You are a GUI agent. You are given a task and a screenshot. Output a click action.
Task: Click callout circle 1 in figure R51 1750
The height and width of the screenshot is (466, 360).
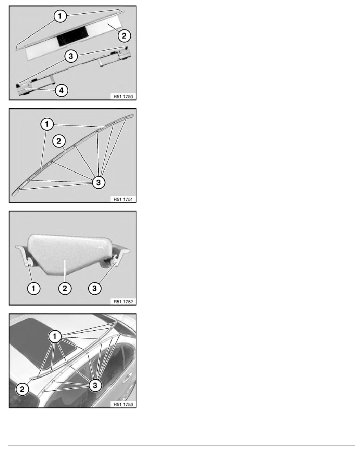(x=60, y=16)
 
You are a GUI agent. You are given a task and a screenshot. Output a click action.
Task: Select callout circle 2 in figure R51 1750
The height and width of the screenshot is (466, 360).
(x=124, y=36)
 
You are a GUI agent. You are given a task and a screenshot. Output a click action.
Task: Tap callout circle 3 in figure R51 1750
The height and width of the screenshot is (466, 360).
(x=71, y=56)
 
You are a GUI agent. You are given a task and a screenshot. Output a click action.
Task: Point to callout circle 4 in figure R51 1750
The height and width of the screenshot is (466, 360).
(x=62, y=90)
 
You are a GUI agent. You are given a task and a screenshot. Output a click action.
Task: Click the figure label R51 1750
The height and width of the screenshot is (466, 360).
(x=123, y=96)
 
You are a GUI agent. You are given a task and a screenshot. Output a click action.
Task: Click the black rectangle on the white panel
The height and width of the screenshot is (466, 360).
(x=72, y=36)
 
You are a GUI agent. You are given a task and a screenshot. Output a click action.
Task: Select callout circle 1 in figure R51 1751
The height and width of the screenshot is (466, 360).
(x=47, y=124)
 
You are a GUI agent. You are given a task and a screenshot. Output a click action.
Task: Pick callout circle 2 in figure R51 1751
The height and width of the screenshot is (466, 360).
(x=59, y=141)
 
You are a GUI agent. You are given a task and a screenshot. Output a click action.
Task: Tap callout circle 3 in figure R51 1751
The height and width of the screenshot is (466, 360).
(x=98, y=182)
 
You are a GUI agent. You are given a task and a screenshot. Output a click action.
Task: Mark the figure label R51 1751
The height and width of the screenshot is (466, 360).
(x=123, y=199)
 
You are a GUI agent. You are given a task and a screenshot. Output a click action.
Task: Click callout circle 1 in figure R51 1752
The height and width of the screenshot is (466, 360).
(x=34, y=288)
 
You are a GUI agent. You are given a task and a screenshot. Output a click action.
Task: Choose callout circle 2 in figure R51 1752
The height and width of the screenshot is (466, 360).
(x=65, y=288)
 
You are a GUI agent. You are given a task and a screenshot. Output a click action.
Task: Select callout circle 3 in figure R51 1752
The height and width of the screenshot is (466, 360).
(x=95, y=288)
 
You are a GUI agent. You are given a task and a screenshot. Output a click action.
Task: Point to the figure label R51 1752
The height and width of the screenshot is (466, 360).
(x=123, y=302)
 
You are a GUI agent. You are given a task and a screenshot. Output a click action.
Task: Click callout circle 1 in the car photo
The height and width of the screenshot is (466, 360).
(x=55, y=337)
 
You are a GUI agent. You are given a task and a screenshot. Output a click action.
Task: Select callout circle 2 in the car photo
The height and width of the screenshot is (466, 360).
(x=22, y=389)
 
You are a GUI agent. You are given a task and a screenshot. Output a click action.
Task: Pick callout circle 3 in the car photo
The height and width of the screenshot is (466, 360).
(x=95, y=386)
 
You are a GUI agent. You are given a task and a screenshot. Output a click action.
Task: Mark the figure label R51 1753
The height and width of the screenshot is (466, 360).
(x=123, y=404)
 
